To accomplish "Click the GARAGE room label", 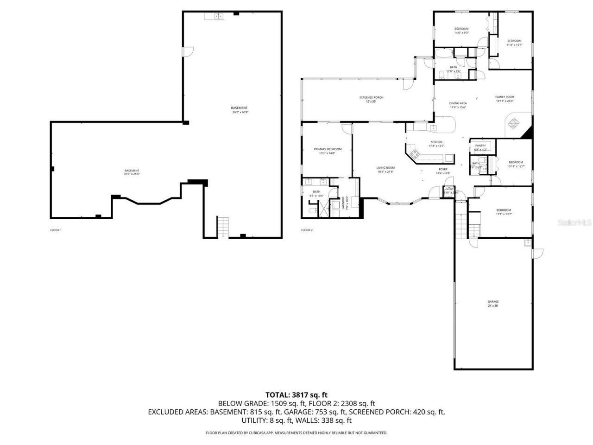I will [493, 302].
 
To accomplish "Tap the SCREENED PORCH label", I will [371, 97].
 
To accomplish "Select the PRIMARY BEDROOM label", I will [328, 149].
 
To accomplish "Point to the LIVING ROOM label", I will [385, 168].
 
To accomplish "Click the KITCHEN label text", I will [436, 142].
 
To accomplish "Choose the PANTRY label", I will [480, 146].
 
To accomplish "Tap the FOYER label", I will [443, 169].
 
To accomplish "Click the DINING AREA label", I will [458, 103].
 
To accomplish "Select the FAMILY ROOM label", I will [505, 97].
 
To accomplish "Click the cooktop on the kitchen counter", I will [413, 155].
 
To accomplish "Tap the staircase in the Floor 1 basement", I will [223, 227].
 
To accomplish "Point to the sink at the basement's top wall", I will [214, 17].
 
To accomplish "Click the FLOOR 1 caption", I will [56, 230].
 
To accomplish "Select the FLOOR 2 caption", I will [307, 230].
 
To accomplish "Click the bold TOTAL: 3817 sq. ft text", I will [296, 395].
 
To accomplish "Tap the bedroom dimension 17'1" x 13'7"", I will [504, 214].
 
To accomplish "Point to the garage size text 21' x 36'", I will [493, 306].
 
